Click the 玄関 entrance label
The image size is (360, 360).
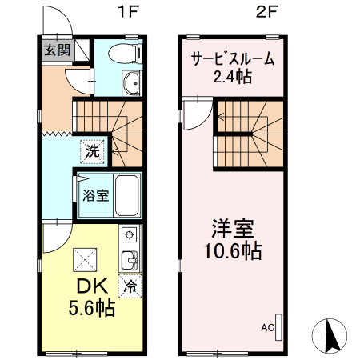tap(57, 50)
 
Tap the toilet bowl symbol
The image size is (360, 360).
tap(125, 54)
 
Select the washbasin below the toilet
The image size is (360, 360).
tap(131, 83)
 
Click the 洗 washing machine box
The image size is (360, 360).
tap(93, 151)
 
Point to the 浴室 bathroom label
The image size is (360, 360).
tap(95, 195)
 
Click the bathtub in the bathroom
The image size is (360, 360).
tap(127, 195)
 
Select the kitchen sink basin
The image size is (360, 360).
tap(130, 260)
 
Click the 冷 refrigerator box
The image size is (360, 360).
tap(130, 286)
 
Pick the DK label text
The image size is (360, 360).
tap(92, 286)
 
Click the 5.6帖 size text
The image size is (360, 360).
tap(92, 308)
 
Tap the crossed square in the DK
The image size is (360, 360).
tap(85, 260)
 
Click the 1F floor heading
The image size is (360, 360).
tap(129, 12)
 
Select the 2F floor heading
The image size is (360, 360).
tap(267, 12)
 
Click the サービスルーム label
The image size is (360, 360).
tap(233, 58)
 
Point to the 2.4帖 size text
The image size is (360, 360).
tap(233, 77)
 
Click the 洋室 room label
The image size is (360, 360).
tap(233, 229)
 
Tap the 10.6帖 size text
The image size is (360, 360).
tap(233, 250)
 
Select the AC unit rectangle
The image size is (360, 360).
tap(278, 327)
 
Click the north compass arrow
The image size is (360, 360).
tap(332, 336)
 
